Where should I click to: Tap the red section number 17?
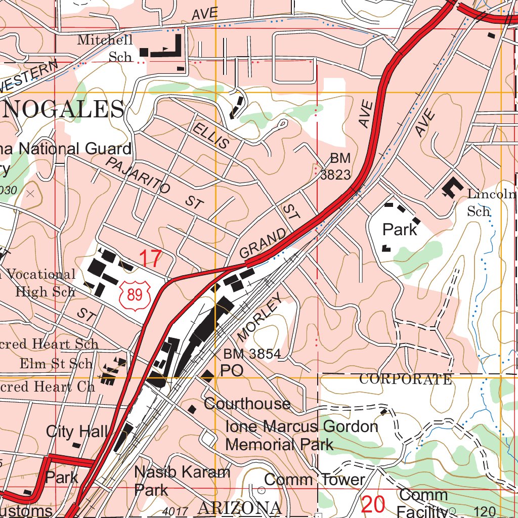(150, 259)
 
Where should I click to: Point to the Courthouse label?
(247, 404)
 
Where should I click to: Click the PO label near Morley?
(232, 371)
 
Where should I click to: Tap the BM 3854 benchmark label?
(252, 354)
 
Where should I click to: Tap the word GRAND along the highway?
(263, 243)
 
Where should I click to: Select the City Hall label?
(76, 431)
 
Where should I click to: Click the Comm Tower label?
(314, 480)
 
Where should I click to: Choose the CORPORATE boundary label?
(405, 379)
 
